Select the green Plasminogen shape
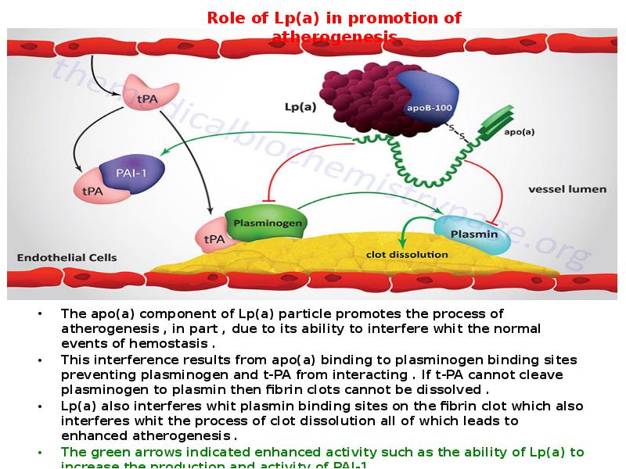pyautogui.click(x=264, y=222)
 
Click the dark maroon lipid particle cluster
pyautogui.click(x=362, y=99)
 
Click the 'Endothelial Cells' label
pyautogui.click(x=67, y=257)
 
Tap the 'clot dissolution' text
pyautogui.click(x=407, y=254)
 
